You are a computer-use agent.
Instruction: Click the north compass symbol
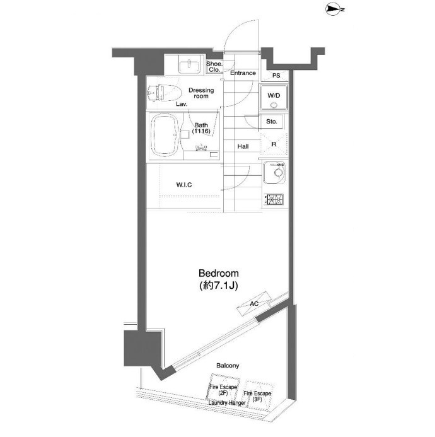pyautogui.click(x=334, y=9)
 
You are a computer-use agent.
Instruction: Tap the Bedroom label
pyautogui.click(x=219, y=273)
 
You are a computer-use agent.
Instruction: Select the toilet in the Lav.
pyautogui.click(x=165, y=91)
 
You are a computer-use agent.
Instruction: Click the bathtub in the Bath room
pyautogui.click(x=165, y=135)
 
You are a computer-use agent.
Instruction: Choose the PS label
pyautogui.click(x=276, y=75)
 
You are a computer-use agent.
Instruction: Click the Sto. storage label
pyautogui.click(x=272, y=122)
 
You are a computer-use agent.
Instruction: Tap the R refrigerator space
pyautogui.click(x=274, y=144)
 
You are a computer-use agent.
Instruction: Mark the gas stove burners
pyautogui.click(x=274, y=199)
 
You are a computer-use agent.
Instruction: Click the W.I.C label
pyautogui.click(x=184, y=185)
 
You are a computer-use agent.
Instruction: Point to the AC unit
pyautogui.click(x=254, y=303)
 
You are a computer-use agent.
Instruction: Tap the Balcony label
pyautogui.click(x=228, y=365)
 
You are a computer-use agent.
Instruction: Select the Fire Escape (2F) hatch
pyautogui.click(x=223, y=389)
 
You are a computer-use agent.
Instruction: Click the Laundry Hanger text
pyautogui.click(x=227, y=403)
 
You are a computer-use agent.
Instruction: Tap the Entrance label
pyautogui.click(x=243, y=73)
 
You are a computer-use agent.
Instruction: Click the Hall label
pyautogui.click(x=243, y=146)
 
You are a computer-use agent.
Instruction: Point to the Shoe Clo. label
pyautogui.click(x=214, y=67)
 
